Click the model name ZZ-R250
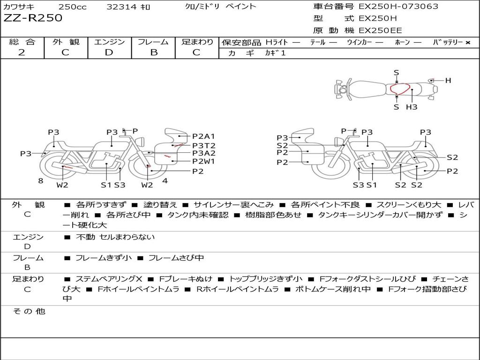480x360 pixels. pos(33,18)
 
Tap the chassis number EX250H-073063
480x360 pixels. pos(398,6)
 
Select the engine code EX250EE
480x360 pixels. pos(380,30)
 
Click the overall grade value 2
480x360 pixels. pos(22,52)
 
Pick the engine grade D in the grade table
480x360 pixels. pos(109,52)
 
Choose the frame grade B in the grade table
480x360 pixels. pos(154,52)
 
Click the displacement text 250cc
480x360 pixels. pos(72,7)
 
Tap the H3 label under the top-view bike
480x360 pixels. pos(412,107)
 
